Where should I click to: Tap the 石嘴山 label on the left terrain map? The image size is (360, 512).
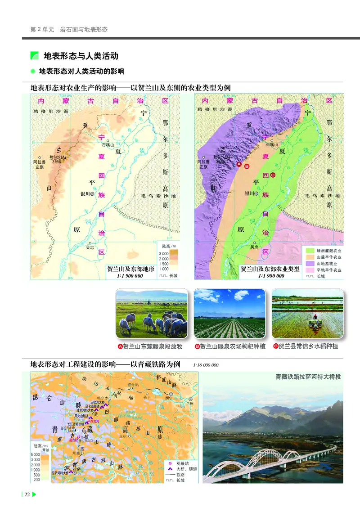point(108,145)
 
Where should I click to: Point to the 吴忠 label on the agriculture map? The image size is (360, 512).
point(255,247)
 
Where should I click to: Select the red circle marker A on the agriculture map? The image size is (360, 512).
point(239,165)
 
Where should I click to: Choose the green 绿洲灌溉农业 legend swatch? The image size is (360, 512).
point(310,250)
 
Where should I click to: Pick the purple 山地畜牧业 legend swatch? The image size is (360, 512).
point(310,263)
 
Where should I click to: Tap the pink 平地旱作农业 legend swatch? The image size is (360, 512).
point(310,270)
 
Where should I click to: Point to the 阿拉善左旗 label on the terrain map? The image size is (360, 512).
point(40,164)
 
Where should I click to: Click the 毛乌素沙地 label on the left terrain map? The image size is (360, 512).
point(158,196)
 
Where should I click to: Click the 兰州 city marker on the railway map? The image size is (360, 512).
point(190,399)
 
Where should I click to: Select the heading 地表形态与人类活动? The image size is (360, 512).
point(81,56)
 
